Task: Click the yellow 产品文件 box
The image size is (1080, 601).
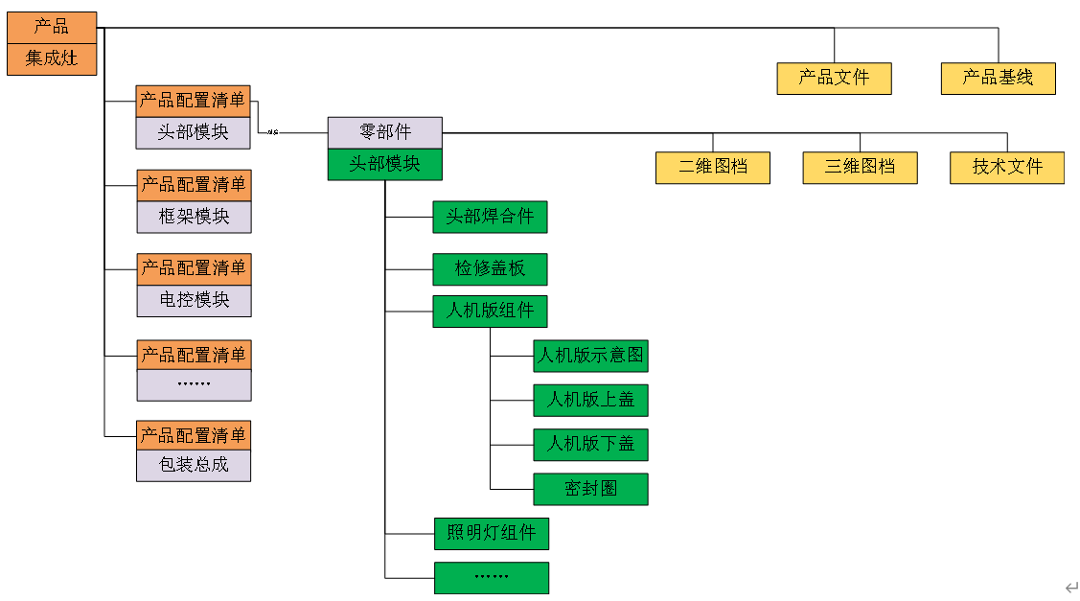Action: click(834, 79)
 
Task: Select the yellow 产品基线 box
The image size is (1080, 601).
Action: click(998, 79)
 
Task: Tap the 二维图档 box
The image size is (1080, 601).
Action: click(713, 167)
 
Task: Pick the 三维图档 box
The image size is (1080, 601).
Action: click(860, 167)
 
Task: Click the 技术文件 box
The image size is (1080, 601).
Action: click(1006, 167)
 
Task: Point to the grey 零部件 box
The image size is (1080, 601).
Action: click(384, 132)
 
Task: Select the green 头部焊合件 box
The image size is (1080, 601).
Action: click(490, 217)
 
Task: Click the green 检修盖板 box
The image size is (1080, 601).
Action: click(490, 269)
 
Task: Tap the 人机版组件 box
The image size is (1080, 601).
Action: click(490, 312)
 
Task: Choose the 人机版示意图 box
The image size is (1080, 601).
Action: click(590, 357)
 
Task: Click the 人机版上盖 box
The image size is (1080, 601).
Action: click(590, 400)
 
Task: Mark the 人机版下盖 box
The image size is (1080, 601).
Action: click(590, 444)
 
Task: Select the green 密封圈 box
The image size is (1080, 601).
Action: click(590, 489)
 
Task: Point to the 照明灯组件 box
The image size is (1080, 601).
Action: click(491, 533)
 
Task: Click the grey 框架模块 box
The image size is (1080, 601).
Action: click(194, 217)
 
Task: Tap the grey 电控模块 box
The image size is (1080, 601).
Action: click(194, 300)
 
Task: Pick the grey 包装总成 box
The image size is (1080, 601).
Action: click(194, 466)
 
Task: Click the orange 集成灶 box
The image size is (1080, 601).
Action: click(52, 58)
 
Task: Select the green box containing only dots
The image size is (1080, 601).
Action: click(491, 578)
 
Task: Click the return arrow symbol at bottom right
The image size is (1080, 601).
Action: click(1070, 587)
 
